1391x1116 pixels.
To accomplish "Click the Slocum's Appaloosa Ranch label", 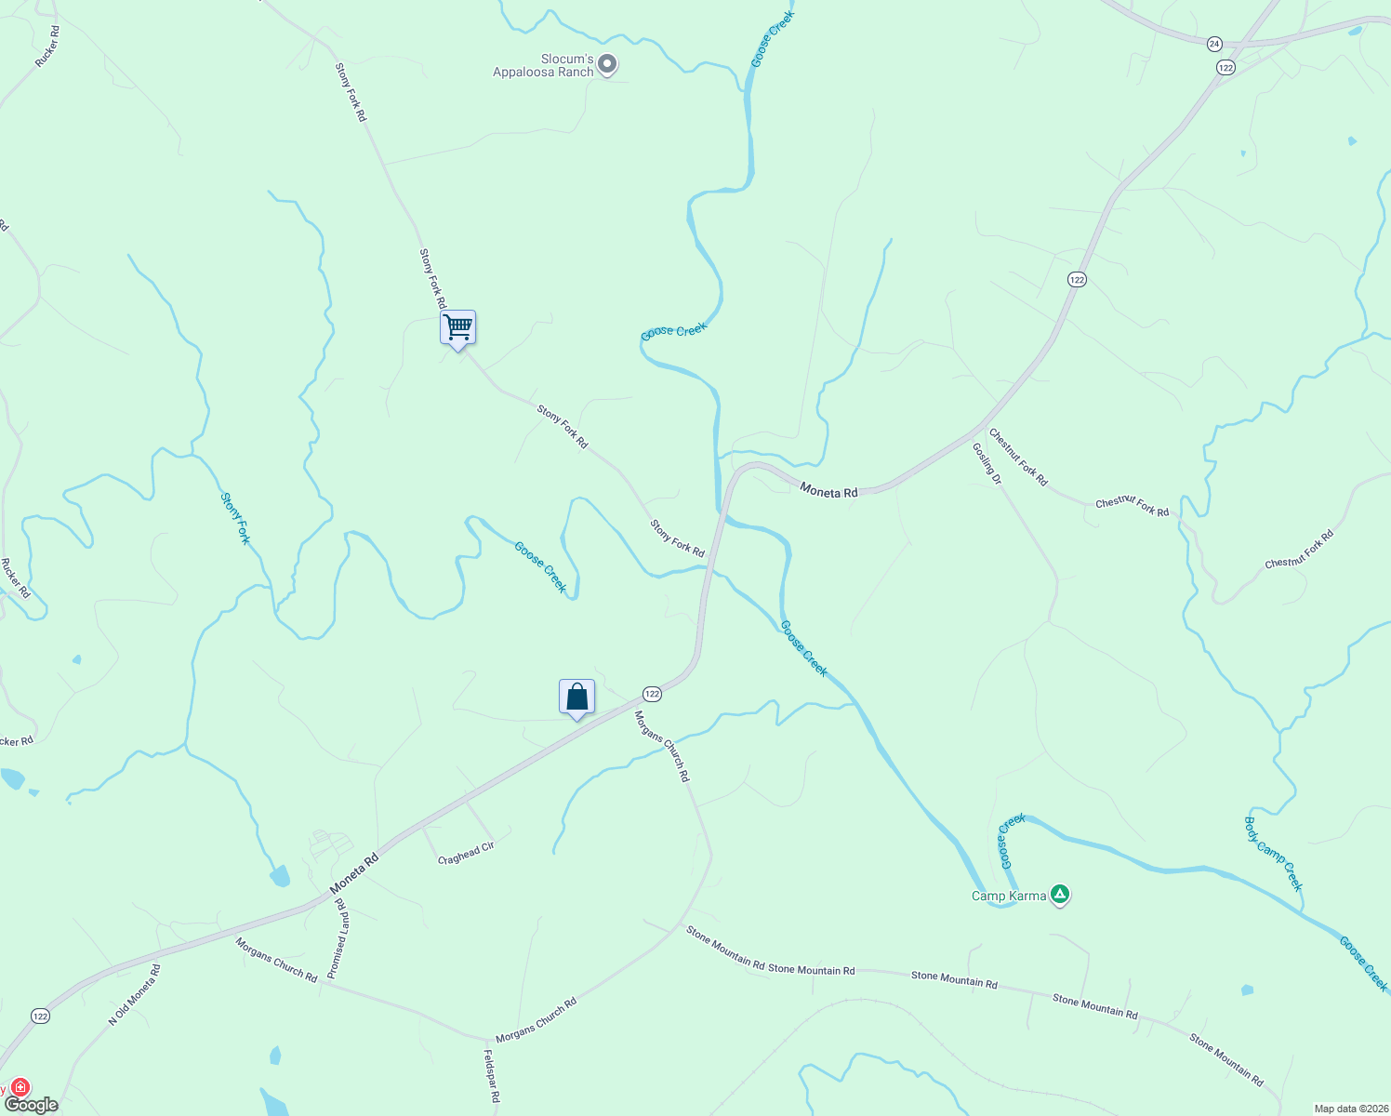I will tap(543, 65).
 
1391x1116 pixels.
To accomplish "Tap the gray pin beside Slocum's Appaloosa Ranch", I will tap(607, 64).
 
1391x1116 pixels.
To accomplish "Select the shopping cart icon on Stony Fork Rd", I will tap(457, 328).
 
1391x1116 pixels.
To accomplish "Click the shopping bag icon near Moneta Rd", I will tap(576, 697).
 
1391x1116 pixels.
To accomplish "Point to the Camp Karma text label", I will tap(1009, 897).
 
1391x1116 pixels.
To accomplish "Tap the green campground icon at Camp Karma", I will tap(1060, 896).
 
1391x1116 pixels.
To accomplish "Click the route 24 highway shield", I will tap(1214, 44).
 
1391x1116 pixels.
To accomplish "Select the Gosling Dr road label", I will tap(987, 463).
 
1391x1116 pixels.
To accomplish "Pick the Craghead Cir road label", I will tap(466, 854).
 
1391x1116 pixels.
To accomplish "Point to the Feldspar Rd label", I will tap(492, 1076).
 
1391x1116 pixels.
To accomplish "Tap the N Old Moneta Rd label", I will tap(135, 995).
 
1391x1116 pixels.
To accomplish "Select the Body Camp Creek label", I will tap(1274, 854).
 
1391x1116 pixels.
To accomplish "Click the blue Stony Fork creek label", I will tap(235, 518).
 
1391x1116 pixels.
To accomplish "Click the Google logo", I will tap(32, 1105).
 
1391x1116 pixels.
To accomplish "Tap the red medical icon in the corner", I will tap(20, 1087).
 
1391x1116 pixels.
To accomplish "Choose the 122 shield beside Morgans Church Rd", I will tap(652, 694).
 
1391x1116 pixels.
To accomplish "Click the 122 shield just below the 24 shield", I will tap(1225, 67).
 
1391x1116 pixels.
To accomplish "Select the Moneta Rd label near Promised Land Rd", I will tap(354, 874).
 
